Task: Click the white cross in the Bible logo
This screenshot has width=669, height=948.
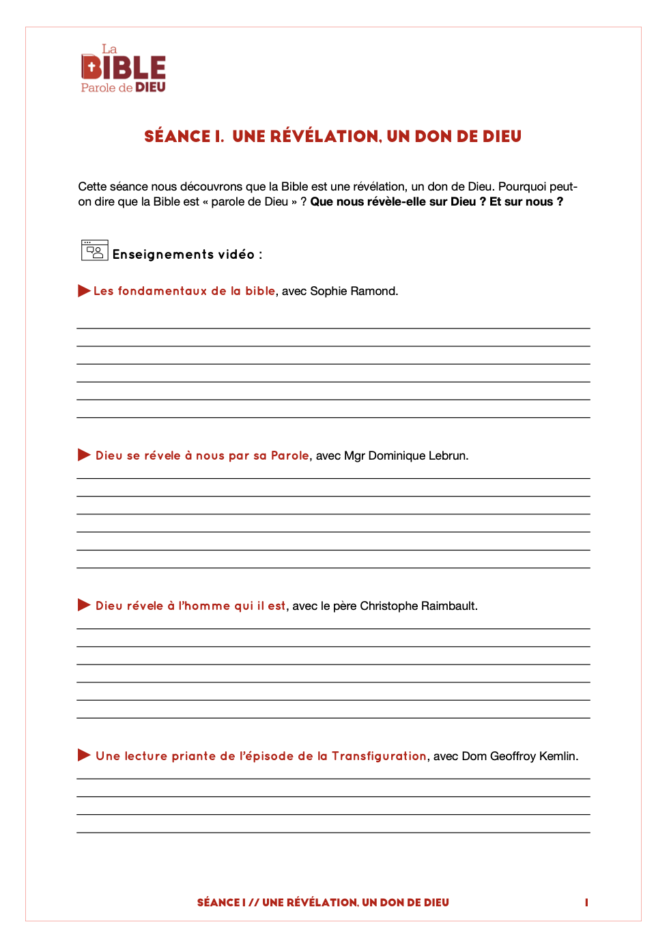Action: (91, 68)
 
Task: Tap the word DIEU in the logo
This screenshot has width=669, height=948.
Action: (150, 87)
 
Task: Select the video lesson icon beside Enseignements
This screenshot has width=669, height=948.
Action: (94, 251)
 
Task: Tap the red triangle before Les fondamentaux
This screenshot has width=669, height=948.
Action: (84, 291)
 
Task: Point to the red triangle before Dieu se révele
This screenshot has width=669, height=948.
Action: (84, 455)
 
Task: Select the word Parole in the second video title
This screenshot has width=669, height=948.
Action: (290, 456)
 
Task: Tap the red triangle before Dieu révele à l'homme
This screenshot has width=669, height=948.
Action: (84, 605)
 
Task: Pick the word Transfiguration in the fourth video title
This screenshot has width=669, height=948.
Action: (379, 756)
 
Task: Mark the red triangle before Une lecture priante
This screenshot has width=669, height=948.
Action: (84, 755)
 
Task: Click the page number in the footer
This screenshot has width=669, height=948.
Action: (586, 902)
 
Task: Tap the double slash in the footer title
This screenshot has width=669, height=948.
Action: (254, 903)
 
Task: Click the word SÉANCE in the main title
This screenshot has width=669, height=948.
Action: (177, 137)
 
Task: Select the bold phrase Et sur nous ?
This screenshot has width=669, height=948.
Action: (526, 201)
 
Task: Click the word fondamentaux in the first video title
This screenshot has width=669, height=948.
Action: (162, 291)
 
